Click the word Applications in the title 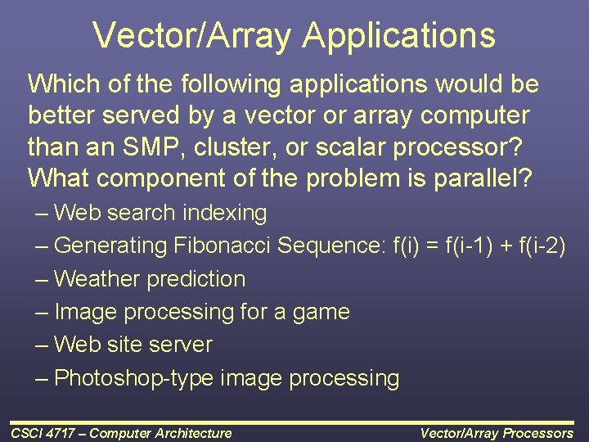pyautogui.click(x=398, y=35)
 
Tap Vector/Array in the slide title pyautogui.click(x=192, y=35)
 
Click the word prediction pyautogui.click(x=196, y=278)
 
